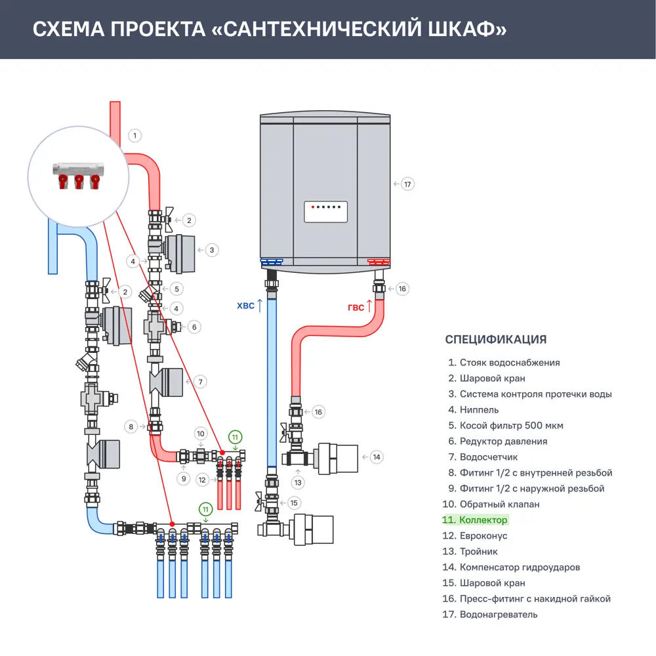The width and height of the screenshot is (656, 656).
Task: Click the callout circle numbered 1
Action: click(x=134, y=136)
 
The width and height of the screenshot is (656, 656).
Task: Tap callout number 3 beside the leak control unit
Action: click(x=211, y=250)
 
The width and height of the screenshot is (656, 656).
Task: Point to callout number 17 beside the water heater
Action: click(x=407, y=184)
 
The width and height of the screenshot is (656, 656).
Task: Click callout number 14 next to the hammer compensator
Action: click(x=376, y=457)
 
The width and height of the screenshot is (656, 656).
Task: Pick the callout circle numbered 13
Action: click(x=298, y=482)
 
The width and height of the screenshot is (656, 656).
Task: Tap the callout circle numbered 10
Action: click(x=201, y=434)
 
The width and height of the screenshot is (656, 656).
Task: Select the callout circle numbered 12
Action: click(x=202, y=480)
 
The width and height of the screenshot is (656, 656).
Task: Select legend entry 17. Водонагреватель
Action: click(x=492, y=615)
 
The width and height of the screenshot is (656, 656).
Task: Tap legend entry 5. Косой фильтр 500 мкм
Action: click(x=505, y=426)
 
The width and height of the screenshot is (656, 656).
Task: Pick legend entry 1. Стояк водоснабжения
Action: click(x=504, y=363)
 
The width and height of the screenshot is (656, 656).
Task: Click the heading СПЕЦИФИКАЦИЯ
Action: click(x=495, y=339)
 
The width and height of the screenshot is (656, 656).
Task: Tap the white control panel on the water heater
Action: click(x=325, y=212)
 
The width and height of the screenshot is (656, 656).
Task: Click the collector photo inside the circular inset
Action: click(x=78, y=173)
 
